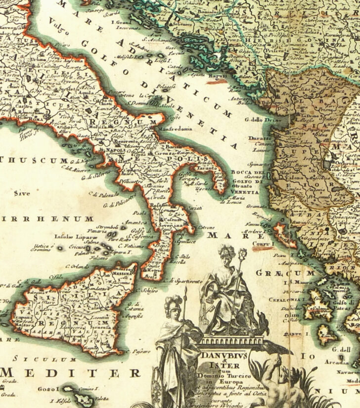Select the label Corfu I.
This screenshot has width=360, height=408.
263,244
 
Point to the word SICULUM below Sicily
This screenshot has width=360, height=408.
45,359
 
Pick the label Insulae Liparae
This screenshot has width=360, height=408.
72,235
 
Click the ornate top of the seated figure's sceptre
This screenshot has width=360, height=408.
243,240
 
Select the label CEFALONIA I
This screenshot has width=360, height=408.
285,299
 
